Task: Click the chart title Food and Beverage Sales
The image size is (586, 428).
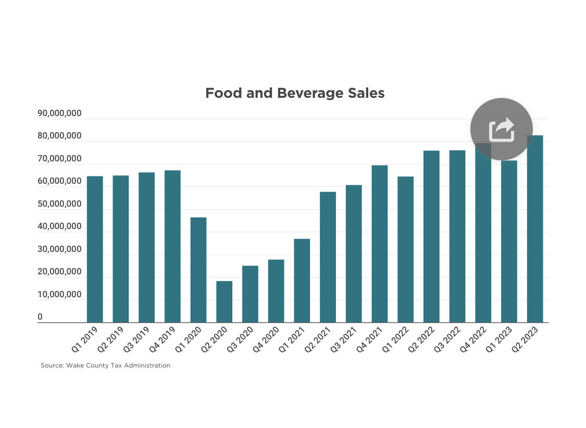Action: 295,93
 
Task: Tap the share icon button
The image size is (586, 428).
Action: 501,129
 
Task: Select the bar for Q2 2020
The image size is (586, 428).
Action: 225,301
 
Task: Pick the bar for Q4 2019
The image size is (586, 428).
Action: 172,246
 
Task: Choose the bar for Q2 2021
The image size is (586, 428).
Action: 328,257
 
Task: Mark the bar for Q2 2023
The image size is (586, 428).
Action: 535,229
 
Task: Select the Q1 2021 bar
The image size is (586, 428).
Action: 302,281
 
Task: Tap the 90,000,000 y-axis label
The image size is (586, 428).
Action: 59,114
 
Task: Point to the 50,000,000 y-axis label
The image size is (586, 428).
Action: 59,204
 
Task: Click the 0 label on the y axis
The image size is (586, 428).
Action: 40,317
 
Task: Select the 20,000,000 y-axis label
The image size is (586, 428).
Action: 59,272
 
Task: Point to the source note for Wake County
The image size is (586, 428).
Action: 106,366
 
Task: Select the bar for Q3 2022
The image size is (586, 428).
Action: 457,236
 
